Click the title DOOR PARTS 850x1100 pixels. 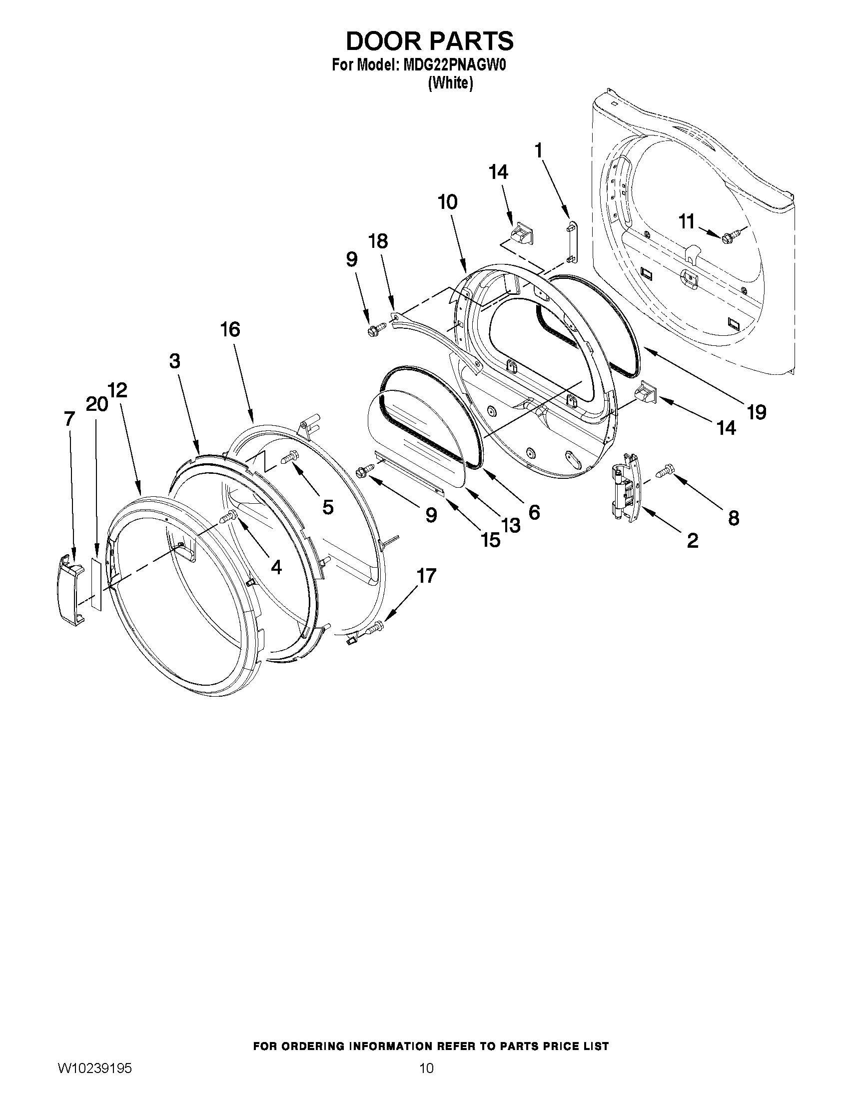point(429,41)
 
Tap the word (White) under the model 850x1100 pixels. point(450,83)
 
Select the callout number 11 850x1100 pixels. point(687,221)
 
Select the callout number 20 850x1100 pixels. point(96,404)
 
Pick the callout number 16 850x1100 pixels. point(230,330)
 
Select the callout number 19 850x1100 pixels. point(757,412)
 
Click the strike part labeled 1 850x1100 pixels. point(571,241)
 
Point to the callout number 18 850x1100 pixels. point(378,241)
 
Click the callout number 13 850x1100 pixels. point(511,526)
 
